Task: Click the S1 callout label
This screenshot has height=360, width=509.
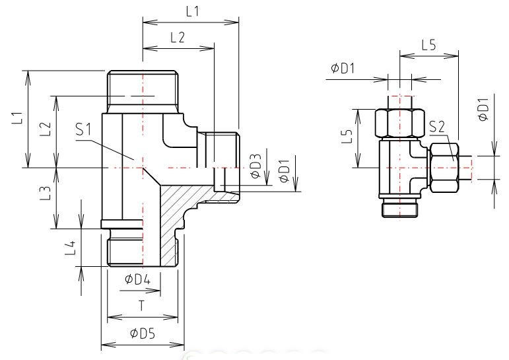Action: tap(83, 129)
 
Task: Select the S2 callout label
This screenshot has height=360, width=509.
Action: tap(436, 127)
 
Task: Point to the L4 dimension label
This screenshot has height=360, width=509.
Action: tap(70, 248)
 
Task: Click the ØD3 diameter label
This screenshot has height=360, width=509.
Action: tap(256, 166)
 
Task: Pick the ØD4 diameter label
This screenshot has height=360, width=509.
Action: tap(137, 279)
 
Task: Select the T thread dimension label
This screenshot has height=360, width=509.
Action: tap(141, 306)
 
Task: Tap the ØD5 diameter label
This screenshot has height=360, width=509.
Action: tap(142, 334)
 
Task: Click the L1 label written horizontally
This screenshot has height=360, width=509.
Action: tap(192, 12)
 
